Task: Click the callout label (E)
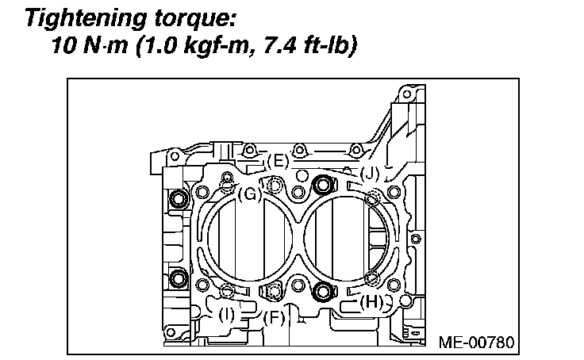coord(277,161)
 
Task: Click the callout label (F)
coord(274,319)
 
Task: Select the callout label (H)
coord(371,301)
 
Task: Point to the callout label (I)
coord(227,314)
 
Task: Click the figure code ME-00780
coord(477,343)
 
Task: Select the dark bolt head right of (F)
coord(321,291)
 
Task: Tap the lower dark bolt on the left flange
coord(179,278)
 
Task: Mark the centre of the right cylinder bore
coord(344,238)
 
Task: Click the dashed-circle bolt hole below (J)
coord(372,197)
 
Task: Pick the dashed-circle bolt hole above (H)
coord(371,277)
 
